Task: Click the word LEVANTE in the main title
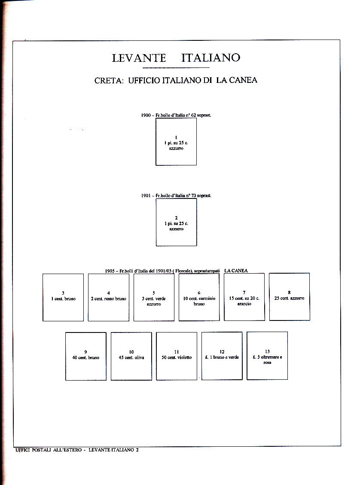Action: pyautogui.click(x=138, y=58)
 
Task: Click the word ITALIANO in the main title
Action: pyautogui.click(x=211, y=58)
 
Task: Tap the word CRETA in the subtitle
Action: pyautogui.click(x=109, y=80)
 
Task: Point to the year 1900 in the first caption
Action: pyautogui.click(x=146, y=116)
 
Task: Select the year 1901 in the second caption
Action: pyautogui.click(x=146, y=196)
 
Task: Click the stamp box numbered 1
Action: pyautogui.click(x=176, y=141)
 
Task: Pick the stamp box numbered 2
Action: pyautogui.click(x=176, y=222)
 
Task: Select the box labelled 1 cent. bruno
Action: pyautogui.click(x=63, y=297)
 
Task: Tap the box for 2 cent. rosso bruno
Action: pyautogui.click(x=109, y=297)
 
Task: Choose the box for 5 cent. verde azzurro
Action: pyautogui.click(x=154, y=297)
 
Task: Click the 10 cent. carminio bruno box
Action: pyautogui.click(x=199, y=297)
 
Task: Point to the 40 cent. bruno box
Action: pyautogui.click(x=85, y=356)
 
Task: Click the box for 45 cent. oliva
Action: pyautogui.click(x=131, y=356)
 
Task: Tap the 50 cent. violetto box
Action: pyautogui.click(x=177, y=356)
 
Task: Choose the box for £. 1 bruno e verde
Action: pyautogui.click(x=222, y=356)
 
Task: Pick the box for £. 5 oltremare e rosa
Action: pyautogui.click(x=267, y=356)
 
